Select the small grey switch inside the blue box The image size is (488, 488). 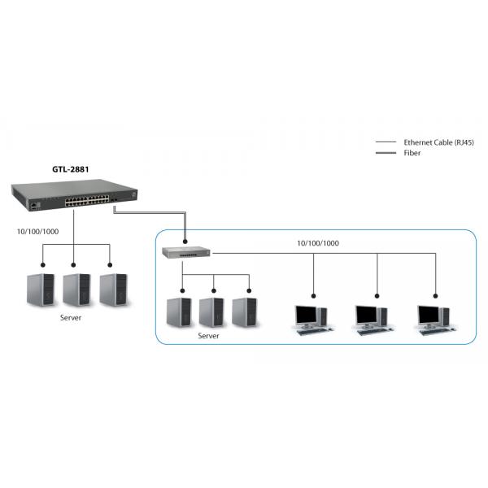(x=186, y=253)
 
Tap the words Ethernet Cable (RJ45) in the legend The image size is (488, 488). (x=438, y=142)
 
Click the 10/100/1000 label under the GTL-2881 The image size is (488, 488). (x=37, y=231)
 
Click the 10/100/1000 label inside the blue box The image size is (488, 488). (x=318, y=243)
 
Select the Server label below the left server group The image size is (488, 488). (x=71, y=318)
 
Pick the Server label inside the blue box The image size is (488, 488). (x=210, y=334)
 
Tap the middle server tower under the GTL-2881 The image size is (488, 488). (x=76, y=290)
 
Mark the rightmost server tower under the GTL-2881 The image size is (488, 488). (x=112, y=290)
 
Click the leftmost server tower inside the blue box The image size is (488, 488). (x=178, y=312)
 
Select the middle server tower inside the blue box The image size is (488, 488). (x=211, y=312)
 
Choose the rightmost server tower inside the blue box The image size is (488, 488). (x=244, y=312)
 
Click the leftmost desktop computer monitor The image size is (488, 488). (x=307, y=314)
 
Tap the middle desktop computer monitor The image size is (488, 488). (x=368, y=314)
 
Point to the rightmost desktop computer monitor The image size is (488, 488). (x=429, y=314)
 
